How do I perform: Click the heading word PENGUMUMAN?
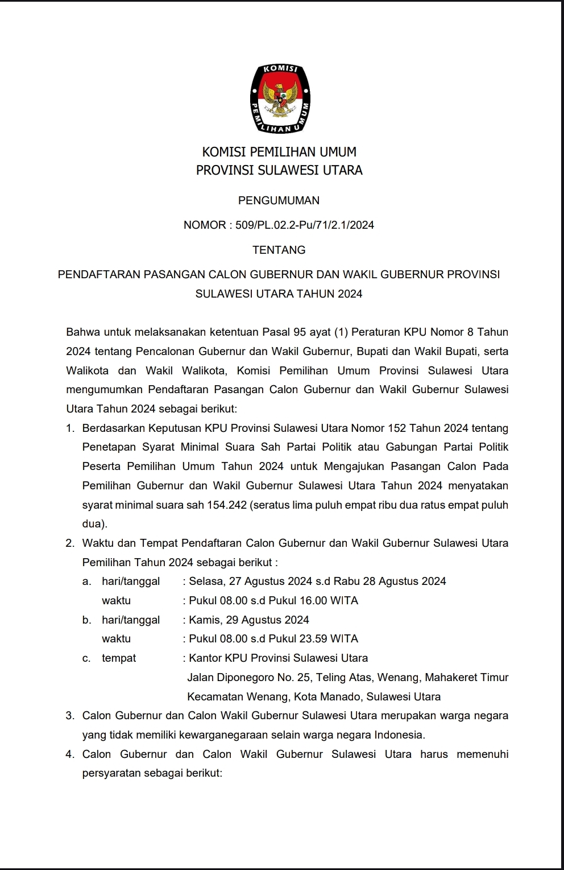(x=279, y=200)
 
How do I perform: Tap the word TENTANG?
(x=279, y=250)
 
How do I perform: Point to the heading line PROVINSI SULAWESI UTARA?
(x=279, y=170)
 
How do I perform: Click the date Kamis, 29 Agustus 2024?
(x=249, y=620)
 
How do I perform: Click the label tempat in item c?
(x=119, y=658)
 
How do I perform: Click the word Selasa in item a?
(x=206, y=581)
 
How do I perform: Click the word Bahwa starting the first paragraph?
(x=82, y=332)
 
